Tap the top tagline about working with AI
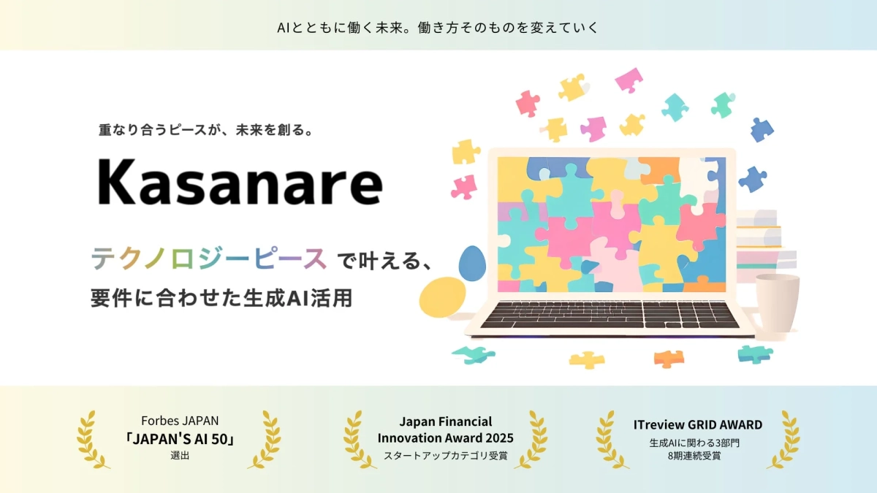pyautogui.click(x=438, y=27)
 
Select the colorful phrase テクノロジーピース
pyautogui.click(x=208, y=259)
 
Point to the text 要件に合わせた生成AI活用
pyautogui.click(x=221, y=299)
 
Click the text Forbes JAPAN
pyautogui.click(x=180, y=421)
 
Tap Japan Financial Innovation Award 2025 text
pyautogui.click(x=445, y=430)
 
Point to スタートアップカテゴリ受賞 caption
pyautogui.click(x=445, y=456)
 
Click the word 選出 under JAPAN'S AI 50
pyautogui.click(x=180, y=456)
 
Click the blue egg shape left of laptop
pyautogui.click(x=473, y=263)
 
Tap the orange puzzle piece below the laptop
pyautogui.click(x=668, y=358)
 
